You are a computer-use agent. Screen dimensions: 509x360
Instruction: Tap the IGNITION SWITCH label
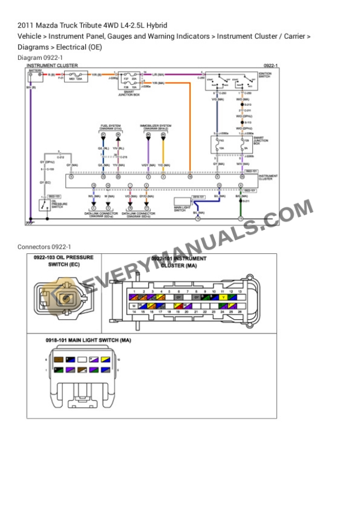[x=264, y=75]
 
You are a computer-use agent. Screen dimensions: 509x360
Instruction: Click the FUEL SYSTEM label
[x=111, y=126]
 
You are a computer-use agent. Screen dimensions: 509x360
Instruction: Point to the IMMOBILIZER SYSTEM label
[x=155, y=126]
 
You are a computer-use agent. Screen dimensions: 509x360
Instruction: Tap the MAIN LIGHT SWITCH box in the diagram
[x=181, y=205]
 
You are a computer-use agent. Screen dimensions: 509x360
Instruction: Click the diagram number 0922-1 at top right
[x=271, y=65]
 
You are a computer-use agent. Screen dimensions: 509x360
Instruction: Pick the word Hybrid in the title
[x=156, y=25]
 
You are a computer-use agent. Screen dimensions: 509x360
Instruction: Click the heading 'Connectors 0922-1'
[x=44, y=246]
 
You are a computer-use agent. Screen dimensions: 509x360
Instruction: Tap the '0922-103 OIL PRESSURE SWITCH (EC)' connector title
[x=64, y=261]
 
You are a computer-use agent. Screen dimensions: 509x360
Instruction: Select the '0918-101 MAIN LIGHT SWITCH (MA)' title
[x=88, y=340]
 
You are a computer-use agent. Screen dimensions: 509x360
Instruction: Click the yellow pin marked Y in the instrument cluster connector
[x=222, y=297]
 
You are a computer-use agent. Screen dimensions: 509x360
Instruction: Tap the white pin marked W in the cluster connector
[x=135, y=306]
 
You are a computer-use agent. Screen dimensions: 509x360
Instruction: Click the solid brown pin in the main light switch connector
[x=59, y=359]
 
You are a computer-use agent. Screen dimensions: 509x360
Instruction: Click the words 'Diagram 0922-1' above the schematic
[x=40, y=58]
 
